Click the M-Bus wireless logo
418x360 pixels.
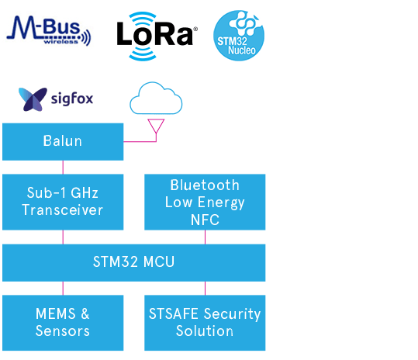[49, 30]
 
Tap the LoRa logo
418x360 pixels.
[157, 36]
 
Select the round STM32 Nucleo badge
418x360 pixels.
[239, 36]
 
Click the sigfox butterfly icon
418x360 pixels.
[33, 99]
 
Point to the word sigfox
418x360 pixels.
[72, 99]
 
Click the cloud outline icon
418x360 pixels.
[156, 98]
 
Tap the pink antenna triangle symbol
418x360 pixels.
[156, 126]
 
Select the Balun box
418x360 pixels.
[63, 142]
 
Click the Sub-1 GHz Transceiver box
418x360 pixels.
[63, 202]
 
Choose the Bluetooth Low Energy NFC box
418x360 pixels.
[205, 202]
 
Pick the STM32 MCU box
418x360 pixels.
[134, 263]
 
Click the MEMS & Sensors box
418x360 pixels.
[63, 323]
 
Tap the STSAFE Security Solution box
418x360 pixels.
[205, 323]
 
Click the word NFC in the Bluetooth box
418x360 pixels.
[205, 220]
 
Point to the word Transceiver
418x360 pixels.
[63, 209]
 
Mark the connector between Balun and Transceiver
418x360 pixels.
[63, 168]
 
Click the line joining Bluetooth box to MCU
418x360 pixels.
[205, 237]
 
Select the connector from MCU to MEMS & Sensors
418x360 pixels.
[63, 289]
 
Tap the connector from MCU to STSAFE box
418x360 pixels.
[205, 289]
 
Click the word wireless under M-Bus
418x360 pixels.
[61, 42]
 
